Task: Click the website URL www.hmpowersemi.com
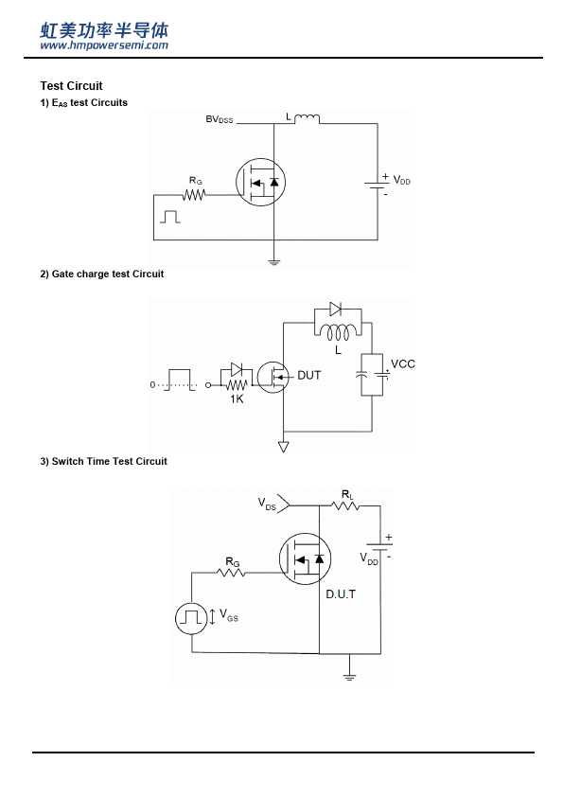point(104,45)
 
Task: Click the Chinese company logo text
point(104,30)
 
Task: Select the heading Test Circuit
point(71,86)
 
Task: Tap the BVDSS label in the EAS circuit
point(219,119)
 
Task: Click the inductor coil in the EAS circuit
point(308,118)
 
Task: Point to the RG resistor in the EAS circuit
point(194,195)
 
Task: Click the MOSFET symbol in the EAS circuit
point(260,182)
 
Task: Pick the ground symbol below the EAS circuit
point(273,262)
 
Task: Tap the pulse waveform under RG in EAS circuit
point(170,217)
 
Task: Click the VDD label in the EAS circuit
point(401,181)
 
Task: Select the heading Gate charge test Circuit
point(102,274)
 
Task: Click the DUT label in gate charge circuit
point(308,375)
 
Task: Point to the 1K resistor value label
point(237,399)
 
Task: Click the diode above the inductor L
point(335,309)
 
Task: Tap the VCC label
point(403,363)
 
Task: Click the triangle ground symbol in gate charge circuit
point(284,447)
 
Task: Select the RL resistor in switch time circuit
point(345,505)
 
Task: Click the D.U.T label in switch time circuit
point(341,594)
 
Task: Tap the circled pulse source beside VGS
point(191,618)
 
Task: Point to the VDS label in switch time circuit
point(267,504)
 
